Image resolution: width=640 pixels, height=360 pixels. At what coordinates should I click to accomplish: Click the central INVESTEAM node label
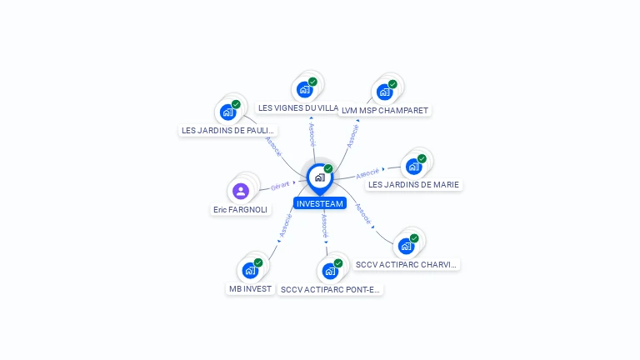click(319, 203)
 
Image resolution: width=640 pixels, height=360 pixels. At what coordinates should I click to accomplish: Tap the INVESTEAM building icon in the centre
click(319, 177)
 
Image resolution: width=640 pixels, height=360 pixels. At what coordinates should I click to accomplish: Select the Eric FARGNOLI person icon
click(241, 191)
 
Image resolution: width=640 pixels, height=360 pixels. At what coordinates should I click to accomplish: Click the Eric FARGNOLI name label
click(240, 210)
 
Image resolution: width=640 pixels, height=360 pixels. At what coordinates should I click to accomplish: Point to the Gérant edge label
click(280, 185)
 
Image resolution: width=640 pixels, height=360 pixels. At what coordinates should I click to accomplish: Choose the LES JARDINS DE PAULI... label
click(228, 130)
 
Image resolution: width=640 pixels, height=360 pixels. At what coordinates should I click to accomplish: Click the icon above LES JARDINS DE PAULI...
click(227, 112)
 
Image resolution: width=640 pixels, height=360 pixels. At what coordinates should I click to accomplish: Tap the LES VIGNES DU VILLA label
click(297, 107)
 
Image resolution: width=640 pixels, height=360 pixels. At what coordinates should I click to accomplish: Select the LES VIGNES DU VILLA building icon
click(304, 89)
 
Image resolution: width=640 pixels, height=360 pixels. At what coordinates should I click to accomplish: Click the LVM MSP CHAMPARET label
click(385, 110)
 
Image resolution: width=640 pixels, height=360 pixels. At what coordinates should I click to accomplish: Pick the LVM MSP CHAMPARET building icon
click(384, 92)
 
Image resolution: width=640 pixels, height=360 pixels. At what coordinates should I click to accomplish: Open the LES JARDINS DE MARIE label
click(413, 185)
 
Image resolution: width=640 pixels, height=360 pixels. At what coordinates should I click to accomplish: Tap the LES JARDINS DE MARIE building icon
click(413, 166)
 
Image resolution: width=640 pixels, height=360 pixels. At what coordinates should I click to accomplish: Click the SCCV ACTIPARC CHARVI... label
click(406, 264)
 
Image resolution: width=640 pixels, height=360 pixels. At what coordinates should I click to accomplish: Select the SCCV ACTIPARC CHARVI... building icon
click(406, 246)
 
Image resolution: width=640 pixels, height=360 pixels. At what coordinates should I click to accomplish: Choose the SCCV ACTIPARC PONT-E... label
click(330, 290)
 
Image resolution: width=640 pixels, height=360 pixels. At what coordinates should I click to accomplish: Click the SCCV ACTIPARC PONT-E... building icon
click(330, 271)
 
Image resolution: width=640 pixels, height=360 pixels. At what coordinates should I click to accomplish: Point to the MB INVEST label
click(250, 289)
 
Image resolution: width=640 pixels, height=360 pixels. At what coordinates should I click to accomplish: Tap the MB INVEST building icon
click(250, 270)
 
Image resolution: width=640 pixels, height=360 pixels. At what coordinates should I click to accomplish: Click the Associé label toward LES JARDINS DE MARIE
click(367, 173)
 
